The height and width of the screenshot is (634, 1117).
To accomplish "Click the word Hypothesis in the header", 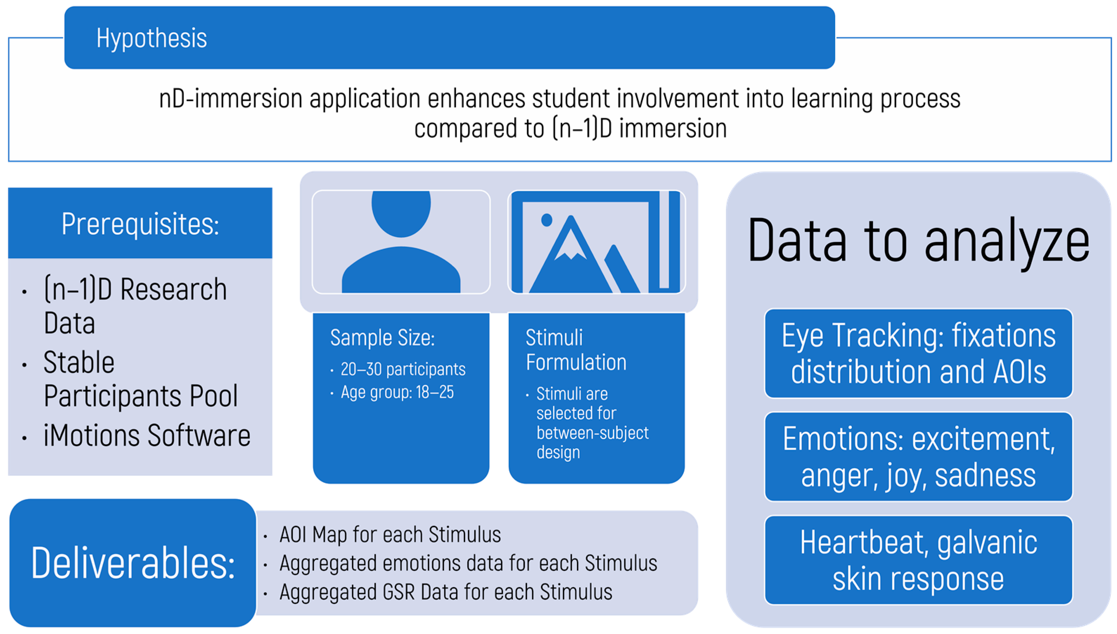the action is (x=152, y=38).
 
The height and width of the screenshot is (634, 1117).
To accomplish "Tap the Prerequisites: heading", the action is (x=140, y=224).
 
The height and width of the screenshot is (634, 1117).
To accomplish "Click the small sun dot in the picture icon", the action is (x=546, y=220).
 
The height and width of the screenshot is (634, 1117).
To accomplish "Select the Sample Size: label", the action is (x=382, y=338).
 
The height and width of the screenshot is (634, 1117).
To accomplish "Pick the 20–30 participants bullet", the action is (x=403, y=369).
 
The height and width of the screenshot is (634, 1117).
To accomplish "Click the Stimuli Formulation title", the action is (x=576, y=350).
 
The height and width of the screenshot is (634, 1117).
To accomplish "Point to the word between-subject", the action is (x=592, y=433).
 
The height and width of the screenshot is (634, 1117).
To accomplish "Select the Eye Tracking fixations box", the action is (x=918, y=353).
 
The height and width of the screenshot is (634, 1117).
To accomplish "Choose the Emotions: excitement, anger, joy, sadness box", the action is (x=918, y=457).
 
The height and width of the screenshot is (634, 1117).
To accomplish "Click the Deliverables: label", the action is (x=133, y=563).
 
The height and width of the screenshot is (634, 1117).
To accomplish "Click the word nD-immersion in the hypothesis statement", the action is (x=231, y=98).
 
